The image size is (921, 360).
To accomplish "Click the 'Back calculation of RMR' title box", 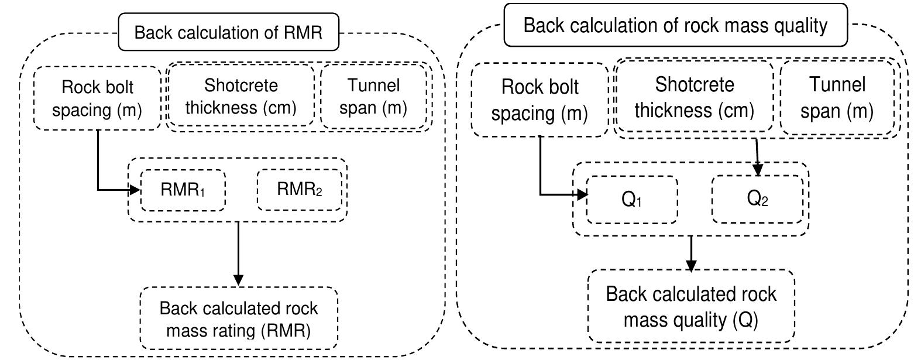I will click(229, 32).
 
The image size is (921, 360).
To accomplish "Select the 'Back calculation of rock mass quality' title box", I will click(675, 26).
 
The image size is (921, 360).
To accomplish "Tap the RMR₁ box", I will click(183, 190).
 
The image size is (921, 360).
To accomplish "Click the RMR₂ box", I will click(299, 190).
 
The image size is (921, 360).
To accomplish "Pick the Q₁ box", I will click(631, 200).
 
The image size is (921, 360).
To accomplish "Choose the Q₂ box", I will click(757, 199).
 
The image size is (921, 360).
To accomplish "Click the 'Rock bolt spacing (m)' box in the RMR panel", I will click(97, 98).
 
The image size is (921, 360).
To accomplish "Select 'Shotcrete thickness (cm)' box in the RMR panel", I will click(240, 97).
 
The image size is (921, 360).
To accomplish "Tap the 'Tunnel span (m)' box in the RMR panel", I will click(373, 97).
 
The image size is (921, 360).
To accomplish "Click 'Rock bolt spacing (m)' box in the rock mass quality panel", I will click(539, 100).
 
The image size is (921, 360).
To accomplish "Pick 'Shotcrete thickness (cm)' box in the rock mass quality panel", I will click(694, 97).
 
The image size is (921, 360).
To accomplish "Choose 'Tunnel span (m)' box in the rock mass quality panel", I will click(837, 97).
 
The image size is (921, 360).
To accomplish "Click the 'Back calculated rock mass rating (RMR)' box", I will click(239, 319).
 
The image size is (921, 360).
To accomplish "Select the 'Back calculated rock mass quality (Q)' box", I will click(691, 306).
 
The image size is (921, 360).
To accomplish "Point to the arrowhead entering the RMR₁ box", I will click(136, 190).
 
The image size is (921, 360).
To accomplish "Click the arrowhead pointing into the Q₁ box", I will click(582, 194).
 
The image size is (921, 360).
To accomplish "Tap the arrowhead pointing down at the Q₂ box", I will click(758, 170).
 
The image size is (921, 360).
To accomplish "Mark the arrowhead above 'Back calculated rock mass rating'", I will click(238, 280).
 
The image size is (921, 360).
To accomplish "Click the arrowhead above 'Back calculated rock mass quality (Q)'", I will click(692, 265).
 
